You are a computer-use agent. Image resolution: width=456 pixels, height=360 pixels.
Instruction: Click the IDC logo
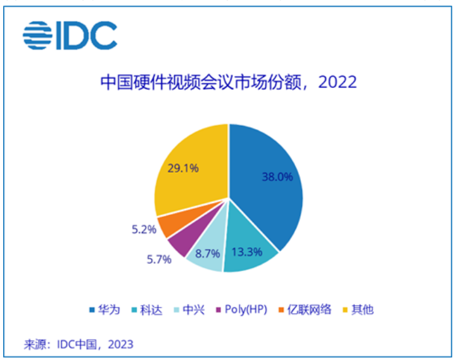pyautogui.click(x=70, y=35)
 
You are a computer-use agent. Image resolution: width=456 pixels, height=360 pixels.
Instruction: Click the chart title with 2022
pyautogui.click(x=228, y=82)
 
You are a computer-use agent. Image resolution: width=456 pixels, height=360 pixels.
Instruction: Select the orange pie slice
pyautogui.click(x=172, y=225)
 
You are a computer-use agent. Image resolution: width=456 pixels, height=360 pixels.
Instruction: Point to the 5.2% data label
pyautogui.click(x=144, y=230)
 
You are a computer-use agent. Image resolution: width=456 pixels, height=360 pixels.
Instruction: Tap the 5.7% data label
pyautogui.click(x=159, y=259)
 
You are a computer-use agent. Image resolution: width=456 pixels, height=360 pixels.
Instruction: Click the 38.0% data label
pyautogui.click(x=277, y=177)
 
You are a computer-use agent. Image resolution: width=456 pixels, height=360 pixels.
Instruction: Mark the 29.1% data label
pyautogui.click(x=183, y=168)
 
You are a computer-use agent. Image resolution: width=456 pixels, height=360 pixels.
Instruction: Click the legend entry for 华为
pyautogui.click(x=104, y=310)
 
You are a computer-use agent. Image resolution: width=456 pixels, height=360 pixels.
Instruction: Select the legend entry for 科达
pyautogui.click(x=147, y=310)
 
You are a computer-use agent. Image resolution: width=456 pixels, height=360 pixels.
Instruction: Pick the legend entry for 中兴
pyautogui.click(x=189, y=310)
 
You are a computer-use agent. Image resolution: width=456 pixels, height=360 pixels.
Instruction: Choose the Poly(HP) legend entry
pyautogui.click(x=242, y=310)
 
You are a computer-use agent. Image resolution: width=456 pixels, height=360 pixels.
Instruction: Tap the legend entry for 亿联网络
pyautogui.click(x=305, y=310)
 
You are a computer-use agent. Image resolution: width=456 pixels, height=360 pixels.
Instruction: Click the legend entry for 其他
pyautogui.click(x=358, y=310)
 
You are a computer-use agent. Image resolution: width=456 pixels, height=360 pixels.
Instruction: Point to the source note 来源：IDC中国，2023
pyautogui.click(x=79, y=345)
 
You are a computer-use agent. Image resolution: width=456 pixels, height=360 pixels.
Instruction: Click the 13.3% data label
pyautogui.click(x=247, y=252)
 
